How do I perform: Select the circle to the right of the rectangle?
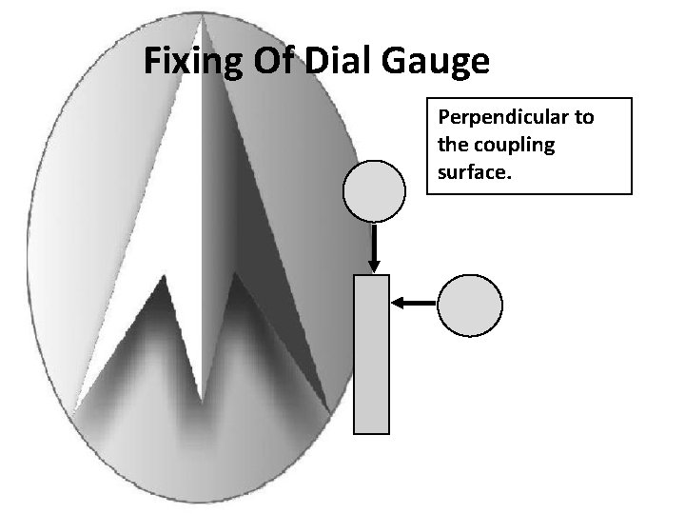pyautogui.click(x=469, y=305)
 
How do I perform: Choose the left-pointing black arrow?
pyautogui.click(x=413, y=303)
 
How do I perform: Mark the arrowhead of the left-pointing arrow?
pyautogui.click(x=397, y=303)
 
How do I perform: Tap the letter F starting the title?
pyautogui.click(x=151, y=62)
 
